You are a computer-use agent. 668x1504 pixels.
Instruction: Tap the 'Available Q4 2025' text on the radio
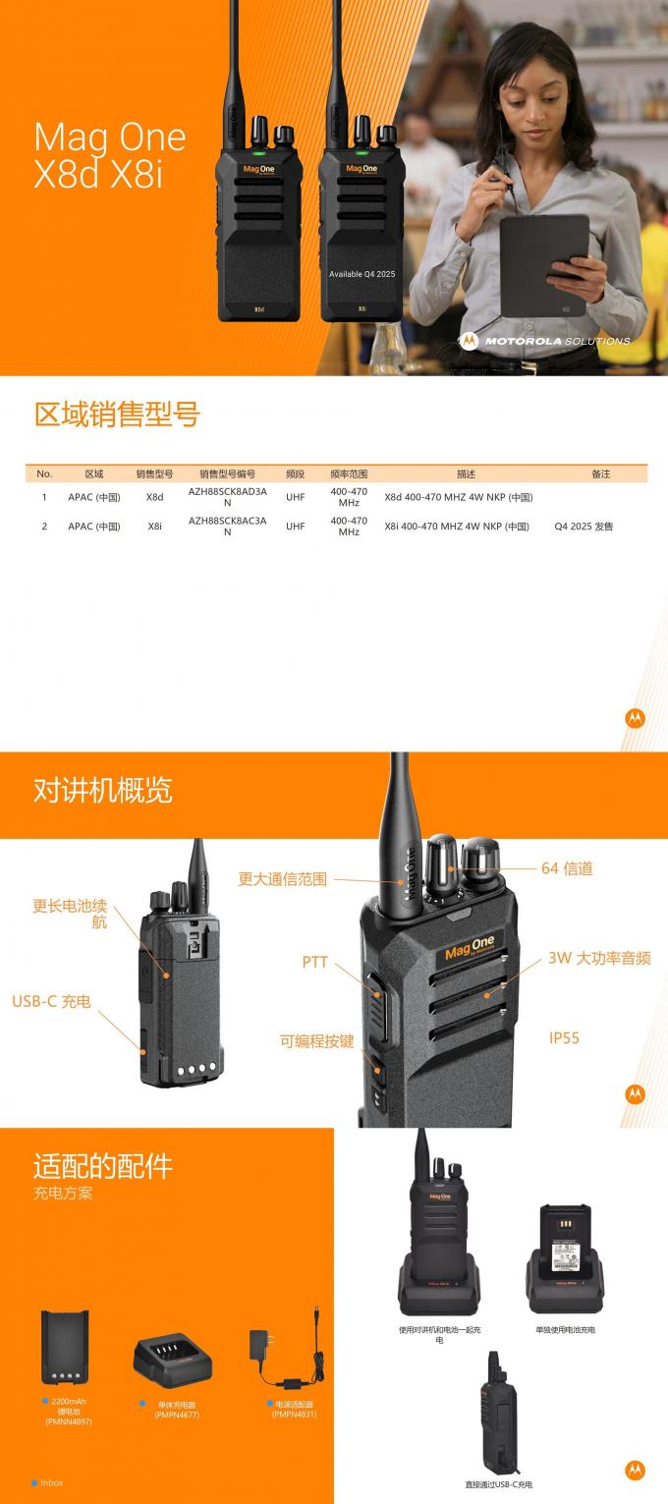pyautogui.click(x=362, y=274)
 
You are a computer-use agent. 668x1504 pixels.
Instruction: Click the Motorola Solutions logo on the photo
pyautogui.click(x=544, y=341)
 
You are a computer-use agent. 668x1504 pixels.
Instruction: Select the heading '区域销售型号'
pyautogui.click(x=117, y=415)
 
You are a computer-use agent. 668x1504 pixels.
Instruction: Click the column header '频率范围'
pyautogui.click(x=349, y=473)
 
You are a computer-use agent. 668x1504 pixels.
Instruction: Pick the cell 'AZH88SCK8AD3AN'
pyautogui.click(x=227, y=497)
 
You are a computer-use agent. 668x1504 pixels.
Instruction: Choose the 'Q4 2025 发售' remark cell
pyautogui.click(x=584, y=527)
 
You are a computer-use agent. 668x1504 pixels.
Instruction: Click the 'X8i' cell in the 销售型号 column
pyautogui.click(x=155, y=527)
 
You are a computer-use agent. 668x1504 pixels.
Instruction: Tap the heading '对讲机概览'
pyautogui.click(x=103, y=790)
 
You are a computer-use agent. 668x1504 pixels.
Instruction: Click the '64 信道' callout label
pyautogui.click(x=567, y=868)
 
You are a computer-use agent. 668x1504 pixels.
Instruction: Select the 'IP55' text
pyautogui.click(x=564, y=1037)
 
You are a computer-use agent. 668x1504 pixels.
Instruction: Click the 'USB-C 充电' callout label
pyautogui.click(x=51, y=1001)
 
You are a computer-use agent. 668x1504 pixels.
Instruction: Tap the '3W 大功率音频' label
pyautogui.click(x=599, y=958)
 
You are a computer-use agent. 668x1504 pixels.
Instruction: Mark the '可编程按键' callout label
pyautogui.click(x=316, y=1041)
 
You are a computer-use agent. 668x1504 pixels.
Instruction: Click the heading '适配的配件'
pyautogui.click(x=103, y=1166)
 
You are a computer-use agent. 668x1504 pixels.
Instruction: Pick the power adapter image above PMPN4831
pyautogui.click(x=284, y=1354)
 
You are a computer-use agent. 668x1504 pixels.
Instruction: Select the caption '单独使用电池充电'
pyautogui.click(x=565, y=1329)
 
